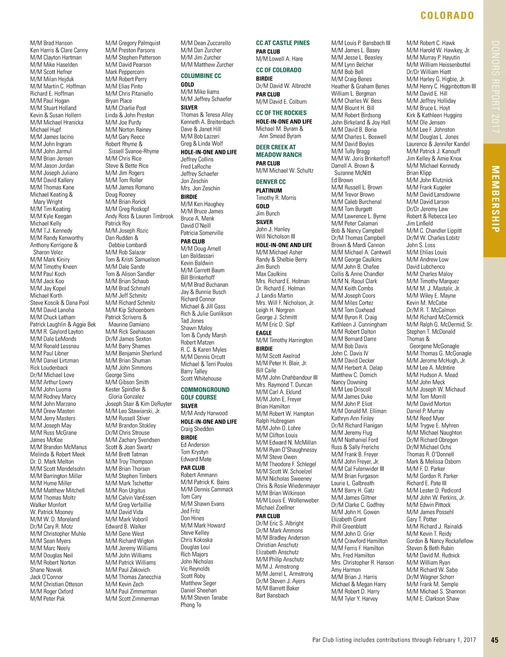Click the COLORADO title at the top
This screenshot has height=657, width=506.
pos(447,16)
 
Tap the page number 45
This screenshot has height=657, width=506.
pos(495,640)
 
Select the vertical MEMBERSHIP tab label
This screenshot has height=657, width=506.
pos(495,199)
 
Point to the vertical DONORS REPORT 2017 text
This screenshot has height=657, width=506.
pos(495,86)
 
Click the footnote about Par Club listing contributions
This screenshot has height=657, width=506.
pos(394,640)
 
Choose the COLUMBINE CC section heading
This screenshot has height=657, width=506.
pos(201,76)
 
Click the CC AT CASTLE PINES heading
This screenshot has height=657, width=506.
pos(283,43)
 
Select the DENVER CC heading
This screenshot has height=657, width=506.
pos(271,182)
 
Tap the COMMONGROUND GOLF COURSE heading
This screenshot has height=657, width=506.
pos(205,393)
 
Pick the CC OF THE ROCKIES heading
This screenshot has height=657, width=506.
pos(281,113)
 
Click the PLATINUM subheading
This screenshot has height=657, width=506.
pos(269,191)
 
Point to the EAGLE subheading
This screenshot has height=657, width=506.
pos(264,333)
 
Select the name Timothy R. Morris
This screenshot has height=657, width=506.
pos(276,198)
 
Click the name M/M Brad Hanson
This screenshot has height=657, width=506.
pos(51,43)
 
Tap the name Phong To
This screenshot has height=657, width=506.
pos(191,605)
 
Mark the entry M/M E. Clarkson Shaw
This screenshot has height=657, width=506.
pos(433,598)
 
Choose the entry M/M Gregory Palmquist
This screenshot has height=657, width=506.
pos(133,43)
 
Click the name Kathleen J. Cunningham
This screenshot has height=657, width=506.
pos(359,324)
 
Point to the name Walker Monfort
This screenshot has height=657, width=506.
pos(48,505)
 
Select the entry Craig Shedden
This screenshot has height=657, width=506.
pos(197,429)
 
